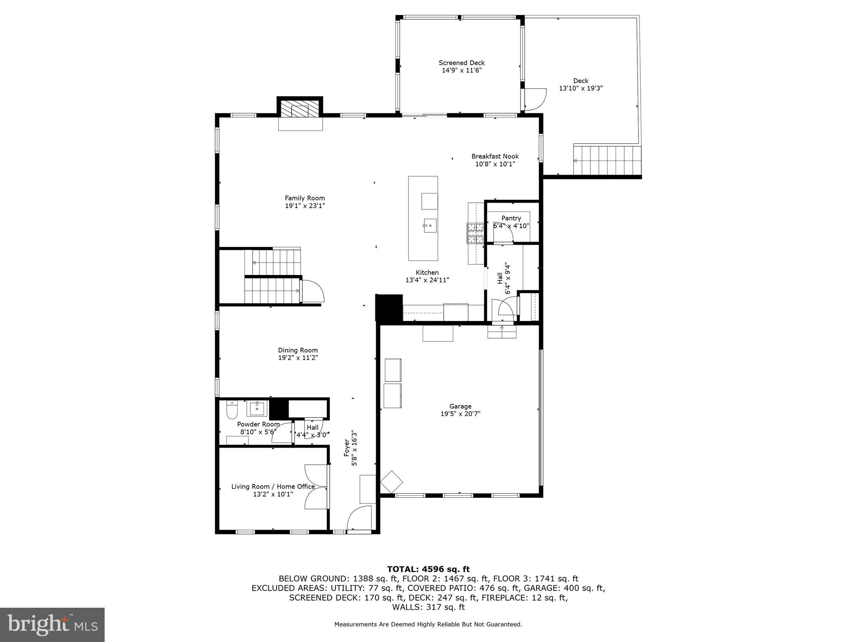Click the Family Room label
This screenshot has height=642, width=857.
[x=305, y=198]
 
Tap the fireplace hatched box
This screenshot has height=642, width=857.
[x=300, y=111]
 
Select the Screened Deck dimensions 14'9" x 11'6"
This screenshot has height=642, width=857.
[x=462, y=71]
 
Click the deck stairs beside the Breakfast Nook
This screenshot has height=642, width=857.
[x=607, y=160]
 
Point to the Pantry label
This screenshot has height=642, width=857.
[x=511, y=218]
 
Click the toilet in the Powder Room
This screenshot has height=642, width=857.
[x=231, y=410]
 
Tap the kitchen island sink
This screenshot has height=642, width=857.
[x=429, y=226]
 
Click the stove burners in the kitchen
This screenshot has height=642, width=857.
[x=475, y=233]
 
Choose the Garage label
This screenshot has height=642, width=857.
[x=460, y=406]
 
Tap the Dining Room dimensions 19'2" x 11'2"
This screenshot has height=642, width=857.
[x=298, y=358]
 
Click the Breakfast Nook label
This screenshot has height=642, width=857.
[x=495, y=156]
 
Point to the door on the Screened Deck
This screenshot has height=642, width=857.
[x=535, y=99]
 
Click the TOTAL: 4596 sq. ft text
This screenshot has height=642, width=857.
[x=428, y=569]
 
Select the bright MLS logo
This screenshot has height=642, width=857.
[x=52, y=624]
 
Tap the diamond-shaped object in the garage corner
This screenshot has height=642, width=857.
[x=391, y=482]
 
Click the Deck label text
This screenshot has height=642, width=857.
[x=580, y=81]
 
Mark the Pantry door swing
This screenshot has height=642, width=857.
[x=503, y=238]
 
